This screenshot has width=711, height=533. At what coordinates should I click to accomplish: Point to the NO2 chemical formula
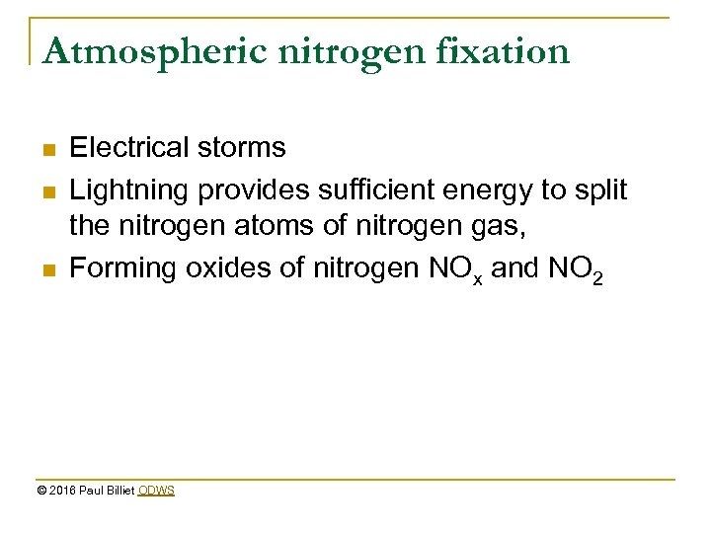[581, 270]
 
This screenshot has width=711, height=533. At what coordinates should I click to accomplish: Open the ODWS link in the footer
[156, 491]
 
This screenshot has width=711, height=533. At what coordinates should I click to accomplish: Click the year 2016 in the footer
[62, 491]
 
